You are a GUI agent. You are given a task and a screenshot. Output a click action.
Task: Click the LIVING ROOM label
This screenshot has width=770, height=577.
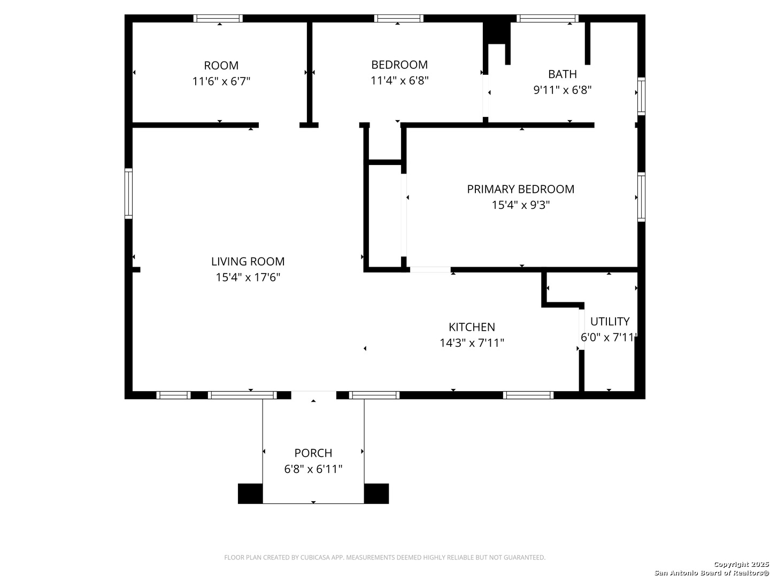[248, 261]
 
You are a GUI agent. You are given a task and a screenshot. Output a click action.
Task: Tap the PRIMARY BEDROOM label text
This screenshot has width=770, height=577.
[521, 189]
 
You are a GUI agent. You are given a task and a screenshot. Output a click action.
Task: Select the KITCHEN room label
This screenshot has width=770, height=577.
[472, 327]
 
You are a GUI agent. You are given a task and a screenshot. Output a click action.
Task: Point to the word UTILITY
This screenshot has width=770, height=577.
[610, 321]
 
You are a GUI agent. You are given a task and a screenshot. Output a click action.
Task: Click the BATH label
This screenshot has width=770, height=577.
[563, 74]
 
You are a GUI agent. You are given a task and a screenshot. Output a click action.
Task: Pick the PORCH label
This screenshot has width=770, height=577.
[313, 453]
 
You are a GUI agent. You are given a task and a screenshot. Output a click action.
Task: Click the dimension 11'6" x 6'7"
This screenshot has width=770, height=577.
[221, 81]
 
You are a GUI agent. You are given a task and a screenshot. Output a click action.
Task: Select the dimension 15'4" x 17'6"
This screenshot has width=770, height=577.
[248, 277]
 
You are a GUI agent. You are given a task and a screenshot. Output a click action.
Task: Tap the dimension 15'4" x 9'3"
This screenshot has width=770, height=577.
[521, 205]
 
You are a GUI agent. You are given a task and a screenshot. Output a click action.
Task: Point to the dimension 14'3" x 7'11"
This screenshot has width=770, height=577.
[472, 342]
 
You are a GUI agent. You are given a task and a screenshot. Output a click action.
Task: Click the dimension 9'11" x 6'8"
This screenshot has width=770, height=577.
[563, 90]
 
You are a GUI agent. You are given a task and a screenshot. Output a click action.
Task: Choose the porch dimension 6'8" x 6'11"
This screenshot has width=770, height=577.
[313, 469]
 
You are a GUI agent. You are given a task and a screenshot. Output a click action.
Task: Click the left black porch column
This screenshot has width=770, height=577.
[250, 493]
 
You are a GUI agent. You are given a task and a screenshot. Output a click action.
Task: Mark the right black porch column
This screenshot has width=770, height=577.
[376, 493]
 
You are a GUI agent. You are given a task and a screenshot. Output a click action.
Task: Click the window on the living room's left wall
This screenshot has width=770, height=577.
[129, 194]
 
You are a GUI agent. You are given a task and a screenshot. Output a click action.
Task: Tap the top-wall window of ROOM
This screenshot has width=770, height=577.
[218, 18]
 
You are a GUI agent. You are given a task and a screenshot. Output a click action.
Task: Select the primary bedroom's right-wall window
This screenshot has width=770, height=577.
[641, 197]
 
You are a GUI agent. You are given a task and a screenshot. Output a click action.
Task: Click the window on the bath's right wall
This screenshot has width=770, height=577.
[641, 96]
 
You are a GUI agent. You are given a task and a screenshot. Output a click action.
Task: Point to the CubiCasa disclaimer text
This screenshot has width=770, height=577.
[384, 557]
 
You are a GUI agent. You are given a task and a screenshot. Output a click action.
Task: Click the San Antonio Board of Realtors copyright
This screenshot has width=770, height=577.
[712, 569]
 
